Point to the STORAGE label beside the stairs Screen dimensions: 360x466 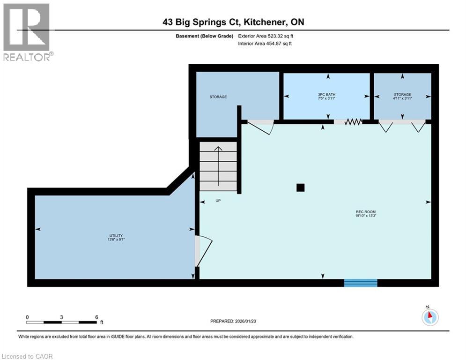coord(218,97)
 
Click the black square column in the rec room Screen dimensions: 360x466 coord(301,187)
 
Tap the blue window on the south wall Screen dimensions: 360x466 coord(361,282)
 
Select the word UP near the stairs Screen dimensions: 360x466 coord(218,201)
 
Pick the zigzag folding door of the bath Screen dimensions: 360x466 coord(353,122)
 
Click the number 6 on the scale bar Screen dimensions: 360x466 coord(96,317)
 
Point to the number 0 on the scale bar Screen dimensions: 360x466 coord(28,317)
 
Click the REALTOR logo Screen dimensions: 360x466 coord(27,32)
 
